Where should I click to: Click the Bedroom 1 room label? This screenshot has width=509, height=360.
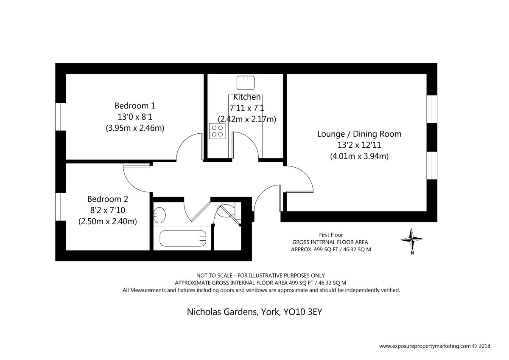pos(135,106)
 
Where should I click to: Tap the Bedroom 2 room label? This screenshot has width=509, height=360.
pos(108,199)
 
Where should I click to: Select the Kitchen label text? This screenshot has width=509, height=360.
pos(247,97)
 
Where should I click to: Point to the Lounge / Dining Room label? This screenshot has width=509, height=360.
pos(359,134)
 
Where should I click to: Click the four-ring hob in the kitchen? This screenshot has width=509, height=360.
pos(217,131)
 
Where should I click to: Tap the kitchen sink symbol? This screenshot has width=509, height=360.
pos(246,83)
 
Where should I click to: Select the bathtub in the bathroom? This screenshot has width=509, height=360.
pos(183,238)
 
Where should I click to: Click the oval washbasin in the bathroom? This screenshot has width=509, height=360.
pos(159,215)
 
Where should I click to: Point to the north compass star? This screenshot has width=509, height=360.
pos(411,239)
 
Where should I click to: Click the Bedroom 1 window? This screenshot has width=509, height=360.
pos(61,117)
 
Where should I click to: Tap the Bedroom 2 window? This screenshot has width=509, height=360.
pos(61,207)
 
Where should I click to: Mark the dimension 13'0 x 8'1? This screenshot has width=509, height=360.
pos(135,117)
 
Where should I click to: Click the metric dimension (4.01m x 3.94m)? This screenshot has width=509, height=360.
pos(359,156)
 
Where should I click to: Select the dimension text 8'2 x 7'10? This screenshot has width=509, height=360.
pos(108,210)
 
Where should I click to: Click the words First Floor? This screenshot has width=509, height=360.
pos(331,235)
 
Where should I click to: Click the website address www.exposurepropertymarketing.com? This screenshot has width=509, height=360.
pos(425,346)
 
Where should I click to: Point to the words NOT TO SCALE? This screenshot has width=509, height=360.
pos(214,276)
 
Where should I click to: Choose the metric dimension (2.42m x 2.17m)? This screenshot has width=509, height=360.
pos(247,119)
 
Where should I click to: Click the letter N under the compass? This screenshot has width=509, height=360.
pos(412,253)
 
